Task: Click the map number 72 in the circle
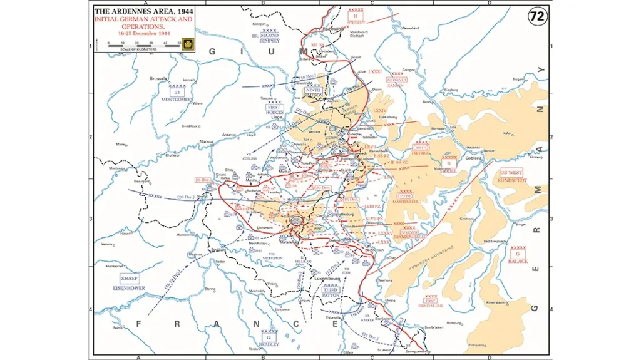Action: [x=536, y=17]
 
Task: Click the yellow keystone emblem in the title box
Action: [x=187, y=43]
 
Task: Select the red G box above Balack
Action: [x=518, y=254]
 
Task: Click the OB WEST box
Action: [x=511, y=173]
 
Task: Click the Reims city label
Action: [x=116, y=327]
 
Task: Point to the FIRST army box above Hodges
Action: [x=274, y=108]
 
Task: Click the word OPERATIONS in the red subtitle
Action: [x=143, y=27]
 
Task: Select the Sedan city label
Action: [x=220, y=261]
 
